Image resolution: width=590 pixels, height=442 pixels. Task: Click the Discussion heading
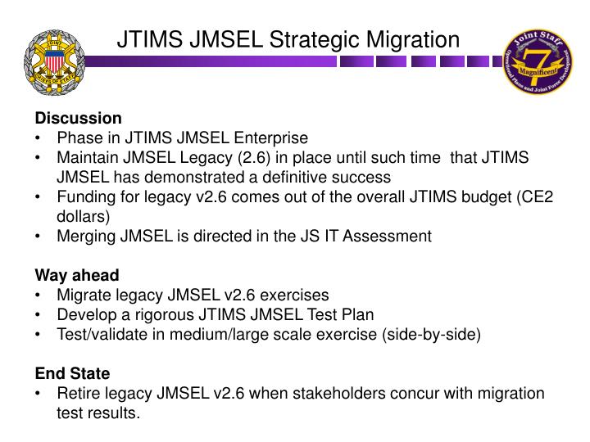point(78,118)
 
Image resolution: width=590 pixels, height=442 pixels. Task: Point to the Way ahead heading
point(76,275)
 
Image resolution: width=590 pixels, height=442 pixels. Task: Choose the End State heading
point(72,373)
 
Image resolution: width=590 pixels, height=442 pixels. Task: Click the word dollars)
point(83,217)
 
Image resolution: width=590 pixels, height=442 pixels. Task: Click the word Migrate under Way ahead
point(83,295)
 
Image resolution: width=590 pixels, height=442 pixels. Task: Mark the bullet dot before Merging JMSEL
point(39,237)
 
